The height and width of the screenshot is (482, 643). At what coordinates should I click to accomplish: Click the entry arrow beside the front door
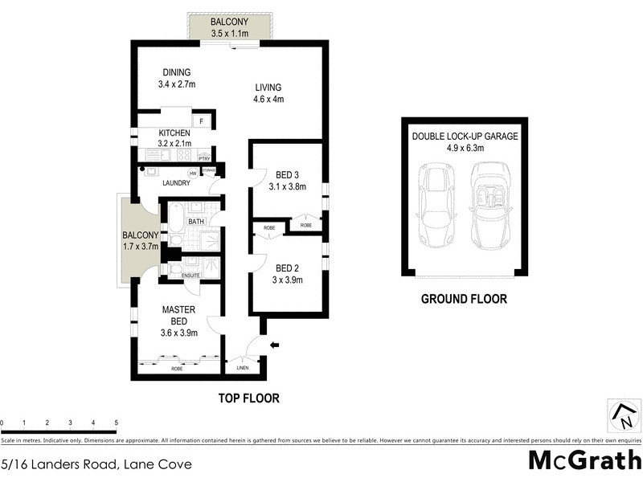tap(275, 346)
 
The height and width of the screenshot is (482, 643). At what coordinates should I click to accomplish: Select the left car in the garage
tap(437, 206)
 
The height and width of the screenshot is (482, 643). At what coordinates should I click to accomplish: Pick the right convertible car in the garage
tap(492, 206)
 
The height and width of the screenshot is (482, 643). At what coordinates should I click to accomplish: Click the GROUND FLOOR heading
tap(465, 299)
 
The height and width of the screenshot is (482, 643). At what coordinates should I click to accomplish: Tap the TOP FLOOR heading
tap(248, 398)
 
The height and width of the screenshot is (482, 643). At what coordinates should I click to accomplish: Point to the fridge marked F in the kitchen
tap(202, 122)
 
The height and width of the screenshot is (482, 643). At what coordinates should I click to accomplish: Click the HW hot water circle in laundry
tap(193, 173)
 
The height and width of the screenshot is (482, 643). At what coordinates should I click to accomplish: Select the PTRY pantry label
tap(204, 158)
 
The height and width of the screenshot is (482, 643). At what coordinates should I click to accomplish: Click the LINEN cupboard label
tap(243, 368)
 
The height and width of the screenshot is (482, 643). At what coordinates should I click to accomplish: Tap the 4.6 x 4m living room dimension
tap(269, 100)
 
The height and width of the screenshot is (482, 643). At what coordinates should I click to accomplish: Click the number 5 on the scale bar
tap(117, 423)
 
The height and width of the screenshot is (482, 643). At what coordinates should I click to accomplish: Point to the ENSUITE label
tap(190, 276)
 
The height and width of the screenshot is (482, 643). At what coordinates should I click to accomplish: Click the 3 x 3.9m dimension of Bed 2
tap(288, 280)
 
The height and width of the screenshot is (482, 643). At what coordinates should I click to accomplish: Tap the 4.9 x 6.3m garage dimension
tap(465, 148)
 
